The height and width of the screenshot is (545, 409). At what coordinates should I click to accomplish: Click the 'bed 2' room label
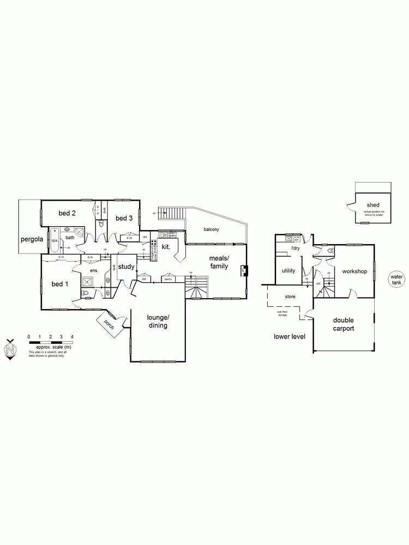click(x=67, y=213)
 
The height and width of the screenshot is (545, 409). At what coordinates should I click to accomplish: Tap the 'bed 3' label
click(x=124, y=218)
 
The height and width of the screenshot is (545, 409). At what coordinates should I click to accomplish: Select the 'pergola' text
click(x=32, y=239)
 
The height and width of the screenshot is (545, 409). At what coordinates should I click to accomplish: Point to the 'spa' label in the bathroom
click(x=55, y=240)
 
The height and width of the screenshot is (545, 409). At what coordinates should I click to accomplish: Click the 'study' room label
click(x=126, y=267)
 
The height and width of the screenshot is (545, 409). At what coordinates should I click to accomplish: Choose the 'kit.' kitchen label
click(x=166, y=247)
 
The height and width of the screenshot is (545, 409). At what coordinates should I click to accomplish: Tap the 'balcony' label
click(x=212, y=229)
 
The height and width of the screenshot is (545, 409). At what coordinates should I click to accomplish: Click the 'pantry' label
click(x=168, y=278)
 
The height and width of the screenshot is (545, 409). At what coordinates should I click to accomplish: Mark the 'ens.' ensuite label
click(x=94, y=270)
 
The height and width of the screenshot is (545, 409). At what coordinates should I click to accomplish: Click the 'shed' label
click(x=374, y=205)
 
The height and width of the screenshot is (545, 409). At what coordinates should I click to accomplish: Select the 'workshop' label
click(x=354, y=271)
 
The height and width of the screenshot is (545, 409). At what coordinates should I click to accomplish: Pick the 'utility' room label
click(x=288, y=270)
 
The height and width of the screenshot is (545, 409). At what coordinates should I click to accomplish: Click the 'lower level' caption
click(x=290, y=336)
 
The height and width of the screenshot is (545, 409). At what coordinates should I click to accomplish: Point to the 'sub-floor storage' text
click(x=282, y=313)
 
